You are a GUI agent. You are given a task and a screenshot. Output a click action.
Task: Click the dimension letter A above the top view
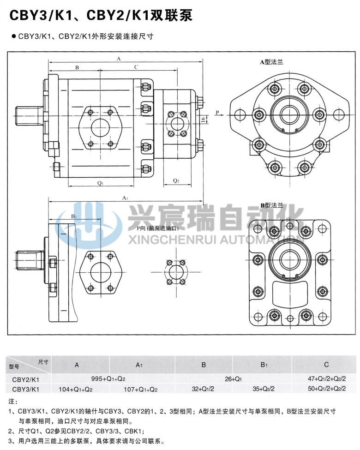(119, 59)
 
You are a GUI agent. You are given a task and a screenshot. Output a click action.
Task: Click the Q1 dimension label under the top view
(100, 183)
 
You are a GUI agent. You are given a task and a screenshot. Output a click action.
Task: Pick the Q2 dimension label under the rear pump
(176, 180)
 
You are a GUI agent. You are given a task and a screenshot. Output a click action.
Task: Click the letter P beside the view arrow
(216, 112)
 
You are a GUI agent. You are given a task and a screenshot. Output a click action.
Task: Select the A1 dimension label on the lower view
(125, 198)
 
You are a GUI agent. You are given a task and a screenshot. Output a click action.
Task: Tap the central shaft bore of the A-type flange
(289, 114)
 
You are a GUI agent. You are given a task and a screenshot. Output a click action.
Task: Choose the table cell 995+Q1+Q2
(108, 379)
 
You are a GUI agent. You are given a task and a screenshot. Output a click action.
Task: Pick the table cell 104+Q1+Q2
(76, 389)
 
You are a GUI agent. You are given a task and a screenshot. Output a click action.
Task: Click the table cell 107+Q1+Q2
(141, 389)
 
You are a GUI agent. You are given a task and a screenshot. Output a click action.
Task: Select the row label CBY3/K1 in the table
(25, 389)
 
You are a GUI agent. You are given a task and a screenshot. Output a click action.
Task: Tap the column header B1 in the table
(264, 365)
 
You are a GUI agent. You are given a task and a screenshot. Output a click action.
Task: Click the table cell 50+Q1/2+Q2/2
(327, 389)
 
